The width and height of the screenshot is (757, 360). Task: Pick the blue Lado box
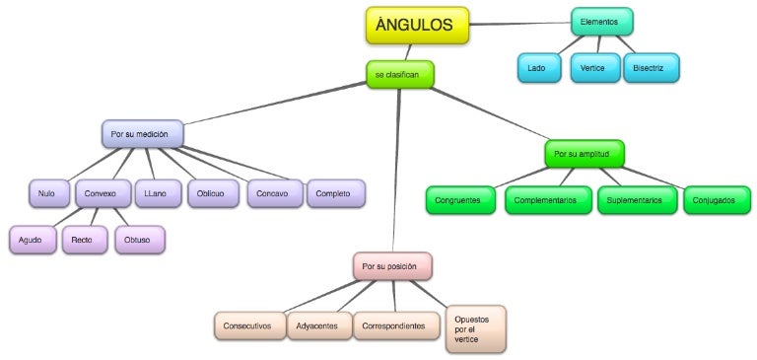[538, 67]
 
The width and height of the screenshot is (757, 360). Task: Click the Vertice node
[593, 67]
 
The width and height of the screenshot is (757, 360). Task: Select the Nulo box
[46, 193]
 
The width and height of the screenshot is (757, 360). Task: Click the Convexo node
[101, 193]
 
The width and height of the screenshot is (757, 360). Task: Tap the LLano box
[157, 193]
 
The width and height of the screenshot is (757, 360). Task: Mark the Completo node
[335, 193]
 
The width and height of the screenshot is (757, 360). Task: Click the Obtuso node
[138, 239]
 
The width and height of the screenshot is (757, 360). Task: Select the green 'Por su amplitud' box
[584, 154]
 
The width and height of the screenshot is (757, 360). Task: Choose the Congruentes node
[462, 199]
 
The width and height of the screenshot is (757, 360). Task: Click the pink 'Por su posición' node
[392, 266]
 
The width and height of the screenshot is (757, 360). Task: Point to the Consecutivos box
[247, 325]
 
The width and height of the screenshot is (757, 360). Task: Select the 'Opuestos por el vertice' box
[475, 328]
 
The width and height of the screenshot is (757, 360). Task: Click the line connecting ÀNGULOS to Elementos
[520, 22]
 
